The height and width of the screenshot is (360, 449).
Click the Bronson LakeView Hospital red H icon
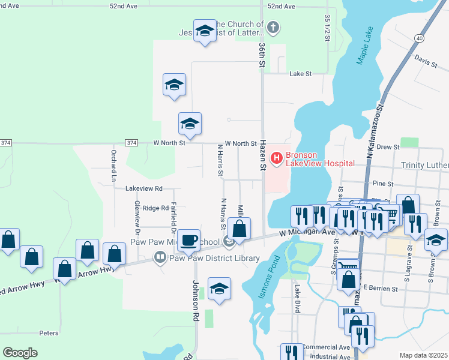[x=277, y=158]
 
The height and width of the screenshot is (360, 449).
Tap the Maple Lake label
[x=366, y=45]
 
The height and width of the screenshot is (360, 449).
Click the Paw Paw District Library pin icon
[x=160, y=259]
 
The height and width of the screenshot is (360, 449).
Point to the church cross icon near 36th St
[x=273, y=27]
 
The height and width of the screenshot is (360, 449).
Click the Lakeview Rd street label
[x=144, y=188]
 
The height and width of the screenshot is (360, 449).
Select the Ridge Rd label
[x=155, y=208]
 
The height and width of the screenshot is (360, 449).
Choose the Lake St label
[x=301, y=74]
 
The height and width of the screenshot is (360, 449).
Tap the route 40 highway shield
[x=418, y=38]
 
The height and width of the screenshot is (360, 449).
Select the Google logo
[x=20, y=353]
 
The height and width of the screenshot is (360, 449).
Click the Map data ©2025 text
[x=423, y=355]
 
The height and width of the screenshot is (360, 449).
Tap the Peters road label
[x=49, y=332]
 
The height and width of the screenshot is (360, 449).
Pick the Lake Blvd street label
[x=297, y=299]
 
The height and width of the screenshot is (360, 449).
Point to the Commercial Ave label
[x=326, y=347]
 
